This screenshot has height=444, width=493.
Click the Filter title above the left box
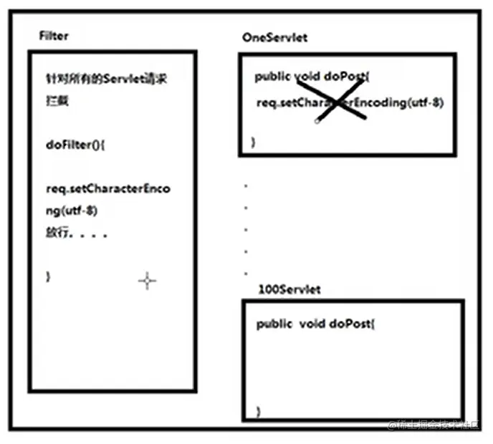(54, 36)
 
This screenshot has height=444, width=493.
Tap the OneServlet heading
(274, 37)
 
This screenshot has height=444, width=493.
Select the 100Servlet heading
(289, 289)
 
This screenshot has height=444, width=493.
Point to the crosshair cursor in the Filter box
(147, 281)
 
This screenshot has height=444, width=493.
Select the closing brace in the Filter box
(47, 276)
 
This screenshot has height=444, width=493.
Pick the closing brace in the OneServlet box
(252, 142)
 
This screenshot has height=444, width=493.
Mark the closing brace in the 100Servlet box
(259, 410)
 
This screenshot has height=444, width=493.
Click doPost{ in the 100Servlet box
(353, 324)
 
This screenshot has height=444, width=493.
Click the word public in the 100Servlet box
(274, 324)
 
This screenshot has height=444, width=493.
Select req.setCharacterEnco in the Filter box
(108, 189)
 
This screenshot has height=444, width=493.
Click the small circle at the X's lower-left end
(317, 122)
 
